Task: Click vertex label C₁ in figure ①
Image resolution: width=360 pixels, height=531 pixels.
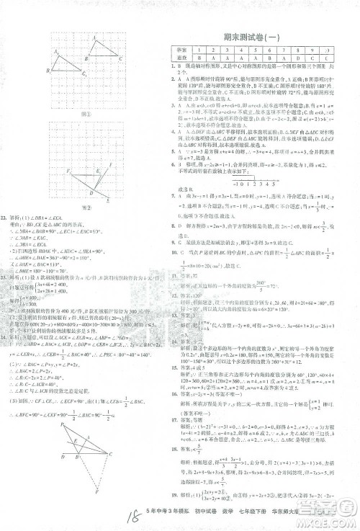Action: (84, 73)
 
